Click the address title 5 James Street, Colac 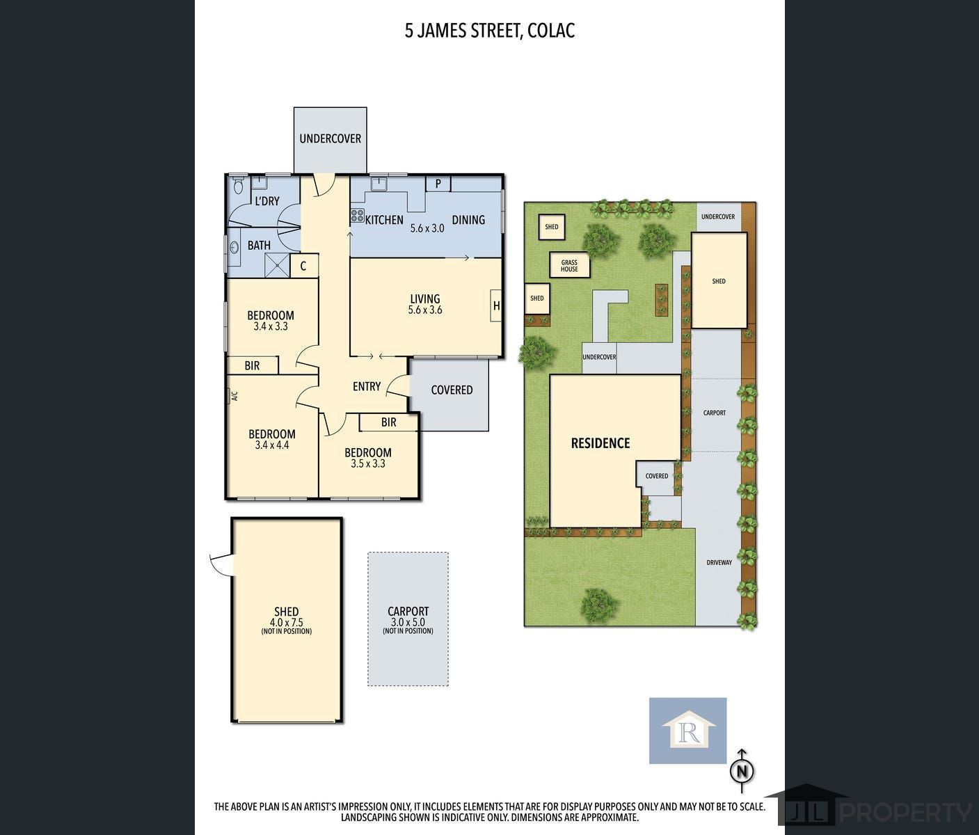pyautogui.click(x=490, y=31)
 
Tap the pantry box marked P pyautogui.click(x=438, y=183)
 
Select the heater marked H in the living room pyautogui.click(x=496, y=305)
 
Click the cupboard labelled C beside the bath pyautogui.click(x=303, y=266)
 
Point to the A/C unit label pyautogui.click(x=234, y=395)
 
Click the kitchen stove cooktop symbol pyautogui.click(x=357, y=216)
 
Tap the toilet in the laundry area pyautogui.click(x=237, y=184)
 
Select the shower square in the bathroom pyautogui.click(x=277, y=265)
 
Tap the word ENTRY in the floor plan pyautogui.click(x=367, y=386)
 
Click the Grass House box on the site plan pyautogui.click(x=570, y=265)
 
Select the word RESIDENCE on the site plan pyautogui.click(x=600, y=443)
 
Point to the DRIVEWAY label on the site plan pyautogui.click(x=719, y=563)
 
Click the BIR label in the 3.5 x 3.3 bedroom pyautogui.click(x=388, y=422)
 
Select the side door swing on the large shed pyautogui.click(x=221, y=564)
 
